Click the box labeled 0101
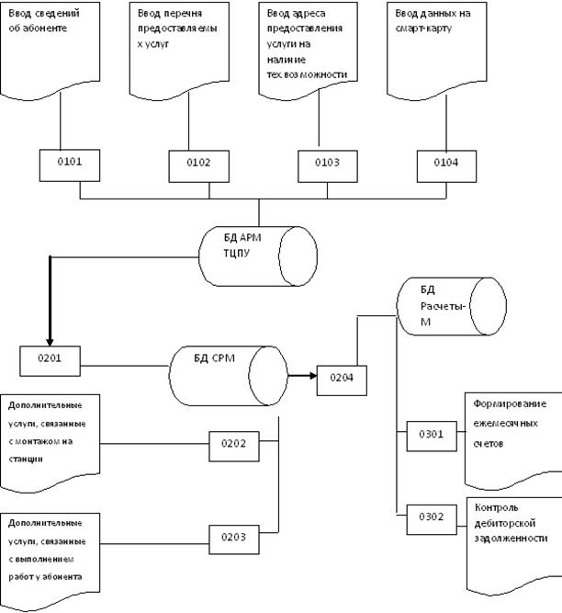(70, 163)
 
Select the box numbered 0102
(197, 164)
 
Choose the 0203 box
(233, 537)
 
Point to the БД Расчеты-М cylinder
(451, 305)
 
